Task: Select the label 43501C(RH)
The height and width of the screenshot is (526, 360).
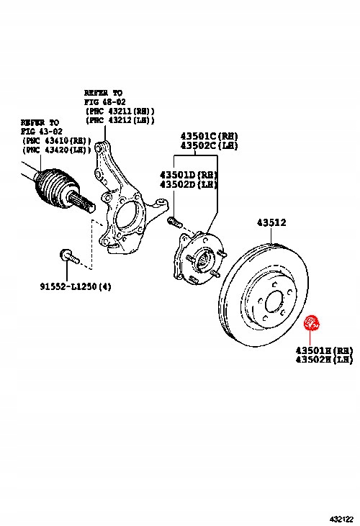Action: coord(209,135)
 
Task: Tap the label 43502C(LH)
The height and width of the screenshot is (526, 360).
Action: coord(209,145)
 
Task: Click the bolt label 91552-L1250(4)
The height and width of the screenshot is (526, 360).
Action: coord(75,287)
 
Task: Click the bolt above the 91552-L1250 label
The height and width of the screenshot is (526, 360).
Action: coord(66,254)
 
